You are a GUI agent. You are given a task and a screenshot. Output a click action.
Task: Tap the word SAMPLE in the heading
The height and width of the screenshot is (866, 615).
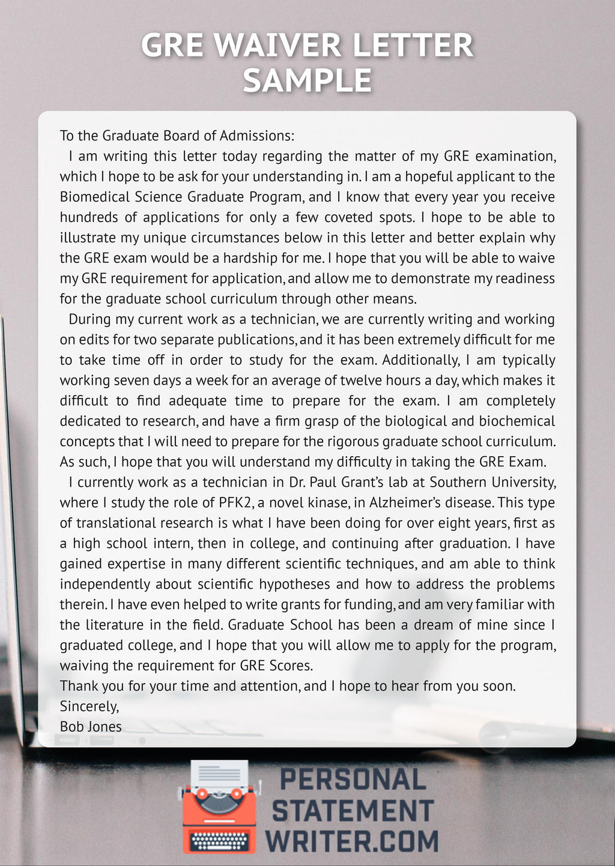pyautogui.click(x=307, y=80)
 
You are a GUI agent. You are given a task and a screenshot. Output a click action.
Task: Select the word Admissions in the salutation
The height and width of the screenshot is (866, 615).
pyautogui.click(x=256, y=136)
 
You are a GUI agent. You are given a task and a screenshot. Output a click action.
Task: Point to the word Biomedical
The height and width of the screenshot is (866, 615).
pyautogui.click(x=94, y=197)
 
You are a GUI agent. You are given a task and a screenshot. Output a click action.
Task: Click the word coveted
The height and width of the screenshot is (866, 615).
pyautogui.click(x=349, y=217)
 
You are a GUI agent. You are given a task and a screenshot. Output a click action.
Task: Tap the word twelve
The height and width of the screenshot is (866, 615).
pyautogui.click(x=359, y=380)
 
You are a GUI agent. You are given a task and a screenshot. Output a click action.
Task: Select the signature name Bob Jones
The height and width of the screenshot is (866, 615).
pyautogui.click(x=91, y=727)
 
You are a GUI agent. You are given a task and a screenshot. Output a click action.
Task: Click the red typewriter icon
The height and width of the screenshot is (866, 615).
pyautogui.click(x=220, y=807)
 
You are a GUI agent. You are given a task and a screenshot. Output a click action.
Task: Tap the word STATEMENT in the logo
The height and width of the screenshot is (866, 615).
pyautogui.click(x=353, y=810)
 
